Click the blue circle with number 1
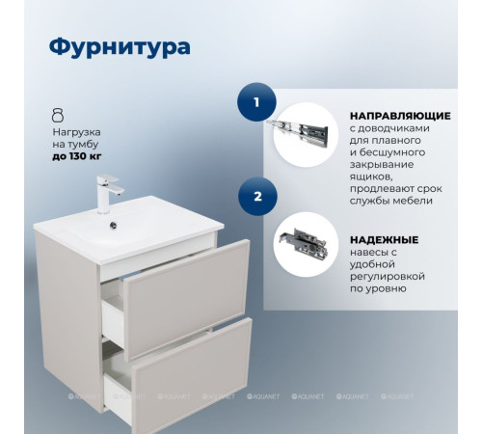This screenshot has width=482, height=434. (256, 101)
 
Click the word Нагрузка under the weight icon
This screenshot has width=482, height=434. (75, 128)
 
